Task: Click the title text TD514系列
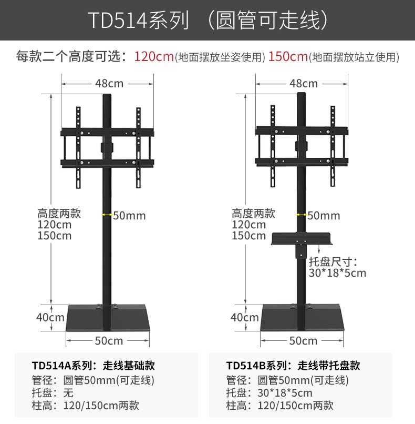[x=138, y=21]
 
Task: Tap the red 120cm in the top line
[x=154, y=57]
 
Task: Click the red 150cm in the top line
[x=288, y=57]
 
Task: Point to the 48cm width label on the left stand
[x=109, y=83]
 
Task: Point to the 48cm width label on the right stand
[x=304, y=83]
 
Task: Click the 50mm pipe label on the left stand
[x=129, y=215]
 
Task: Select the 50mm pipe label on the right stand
[x=324, y=215]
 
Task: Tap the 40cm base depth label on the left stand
[x=50, y=317]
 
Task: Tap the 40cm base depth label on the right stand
[x=245, y=317]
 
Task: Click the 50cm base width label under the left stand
[x=109, y=340]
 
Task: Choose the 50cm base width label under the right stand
[x=303, y=340]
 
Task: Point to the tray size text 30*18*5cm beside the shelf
[x=337, y=273]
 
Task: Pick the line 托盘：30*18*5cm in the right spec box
[x=269, y=392]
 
